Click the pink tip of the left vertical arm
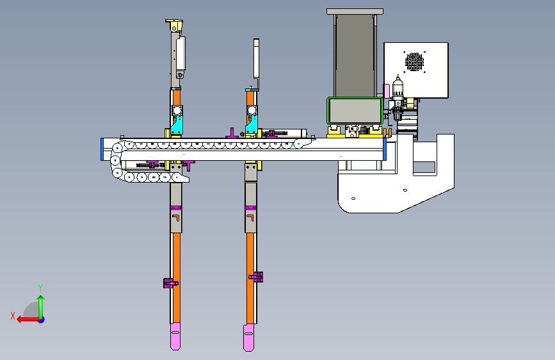point(175,336)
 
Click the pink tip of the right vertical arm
point(248,338)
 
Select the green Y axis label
point(40,288)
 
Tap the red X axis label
point(13,316)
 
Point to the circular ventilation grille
point(414,61)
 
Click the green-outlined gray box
point(355,111)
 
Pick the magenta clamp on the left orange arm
point(170,282)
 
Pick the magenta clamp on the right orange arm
point(256,277)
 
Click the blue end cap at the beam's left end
point(102,149)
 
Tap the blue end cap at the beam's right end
point(385,149)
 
